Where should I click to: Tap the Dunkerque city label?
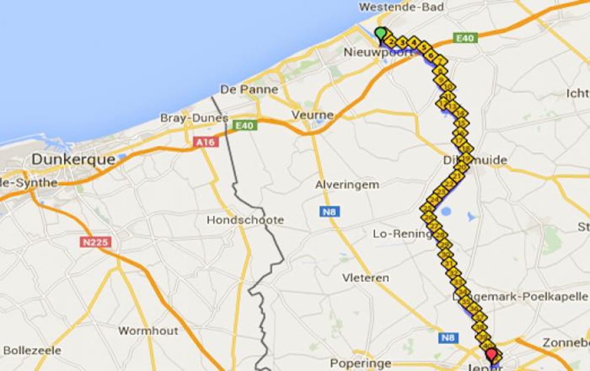coord(73,160)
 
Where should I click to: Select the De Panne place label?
coord(249,89)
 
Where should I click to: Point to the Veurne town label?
coord(312,115)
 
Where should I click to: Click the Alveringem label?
coord(347,185)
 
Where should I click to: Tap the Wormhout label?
coord(148,331)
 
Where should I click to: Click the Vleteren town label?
coord(365,278)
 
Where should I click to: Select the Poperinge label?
coord(360,363)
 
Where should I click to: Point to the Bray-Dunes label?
coord(194,118)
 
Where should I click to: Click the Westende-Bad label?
coord(401,7)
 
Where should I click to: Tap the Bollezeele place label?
coord(32,350)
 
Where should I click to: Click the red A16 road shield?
coord(205,142)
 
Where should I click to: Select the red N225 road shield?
coord(95,243)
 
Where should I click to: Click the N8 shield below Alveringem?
coord(330,212)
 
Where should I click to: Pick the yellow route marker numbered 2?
coord(392,41)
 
